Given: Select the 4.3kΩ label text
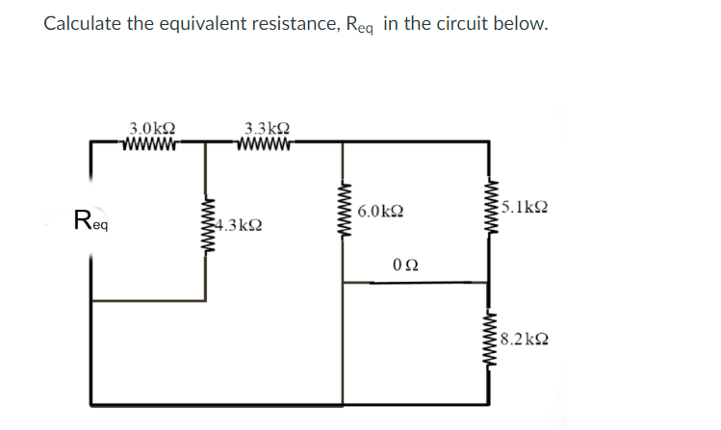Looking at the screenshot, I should coord(238,226).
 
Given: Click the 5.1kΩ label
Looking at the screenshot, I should coord(526,206).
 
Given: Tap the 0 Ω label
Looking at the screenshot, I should coord(406,264).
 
